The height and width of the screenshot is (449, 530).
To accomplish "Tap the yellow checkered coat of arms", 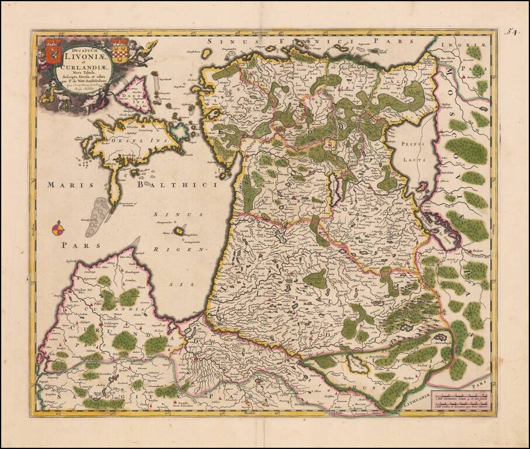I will pos(120,47).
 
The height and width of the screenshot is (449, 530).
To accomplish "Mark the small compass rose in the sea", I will pos(57,229).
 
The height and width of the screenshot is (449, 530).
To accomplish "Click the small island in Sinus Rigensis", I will pos(181,232).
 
